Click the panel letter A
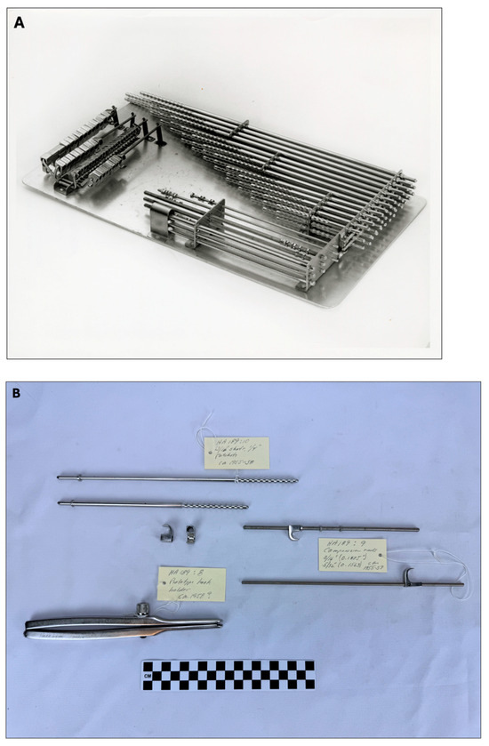20,23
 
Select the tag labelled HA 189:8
190,582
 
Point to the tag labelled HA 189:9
352,553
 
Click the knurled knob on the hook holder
140,609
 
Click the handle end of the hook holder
31,630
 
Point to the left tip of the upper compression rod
244,528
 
